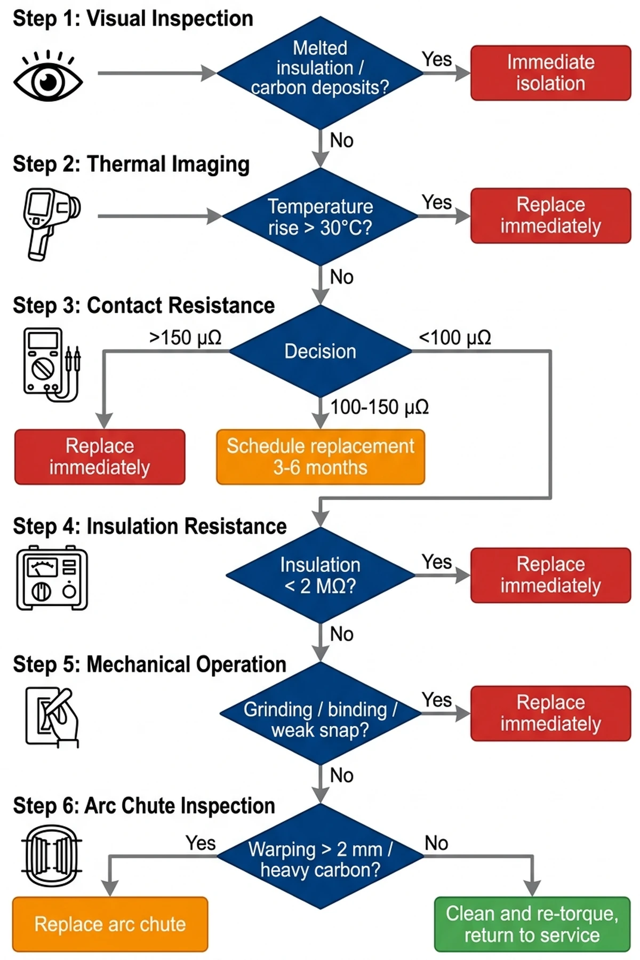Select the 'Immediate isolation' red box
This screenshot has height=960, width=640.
click(x=550, y=73)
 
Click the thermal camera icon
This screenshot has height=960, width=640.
click(x=51, y=223)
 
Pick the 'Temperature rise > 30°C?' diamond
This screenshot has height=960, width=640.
click(x=320, y=217)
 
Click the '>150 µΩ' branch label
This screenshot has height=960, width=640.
click(x=185, y=338)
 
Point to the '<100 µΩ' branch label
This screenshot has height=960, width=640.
click(x=455, y=338)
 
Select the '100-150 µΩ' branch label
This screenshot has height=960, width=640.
click(x=379, y=407)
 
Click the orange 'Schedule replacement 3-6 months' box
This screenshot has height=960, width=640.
click(x=320, y=457)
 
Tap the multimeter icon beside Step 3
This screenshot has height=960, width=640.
click(x=51, y=365)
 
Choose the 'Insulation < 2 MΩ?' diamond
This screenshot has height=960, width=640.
click(x=320, y=575)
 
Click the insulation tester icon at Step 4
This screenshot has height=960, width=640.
click(x=52, y=578)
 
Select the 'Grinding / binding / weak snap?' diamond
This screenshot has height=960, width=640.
click(x=320, y=714)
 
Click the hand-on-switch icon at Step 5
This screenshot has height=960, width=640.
click(x=52, y=716)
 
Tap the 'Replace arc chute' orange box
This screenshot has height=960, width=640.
click(x=110, y=924)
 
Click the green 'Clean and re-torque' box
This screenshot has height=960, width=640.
click(x=532, y=924)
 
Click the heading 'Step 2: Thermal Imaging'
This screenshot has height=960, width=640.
click(x=131, y=164)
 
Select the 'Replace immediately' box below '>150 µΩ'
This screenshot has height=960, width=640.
click(x=100, y=457)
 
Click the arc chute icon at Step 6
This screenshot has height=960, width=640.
click(x=52, y=857)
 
